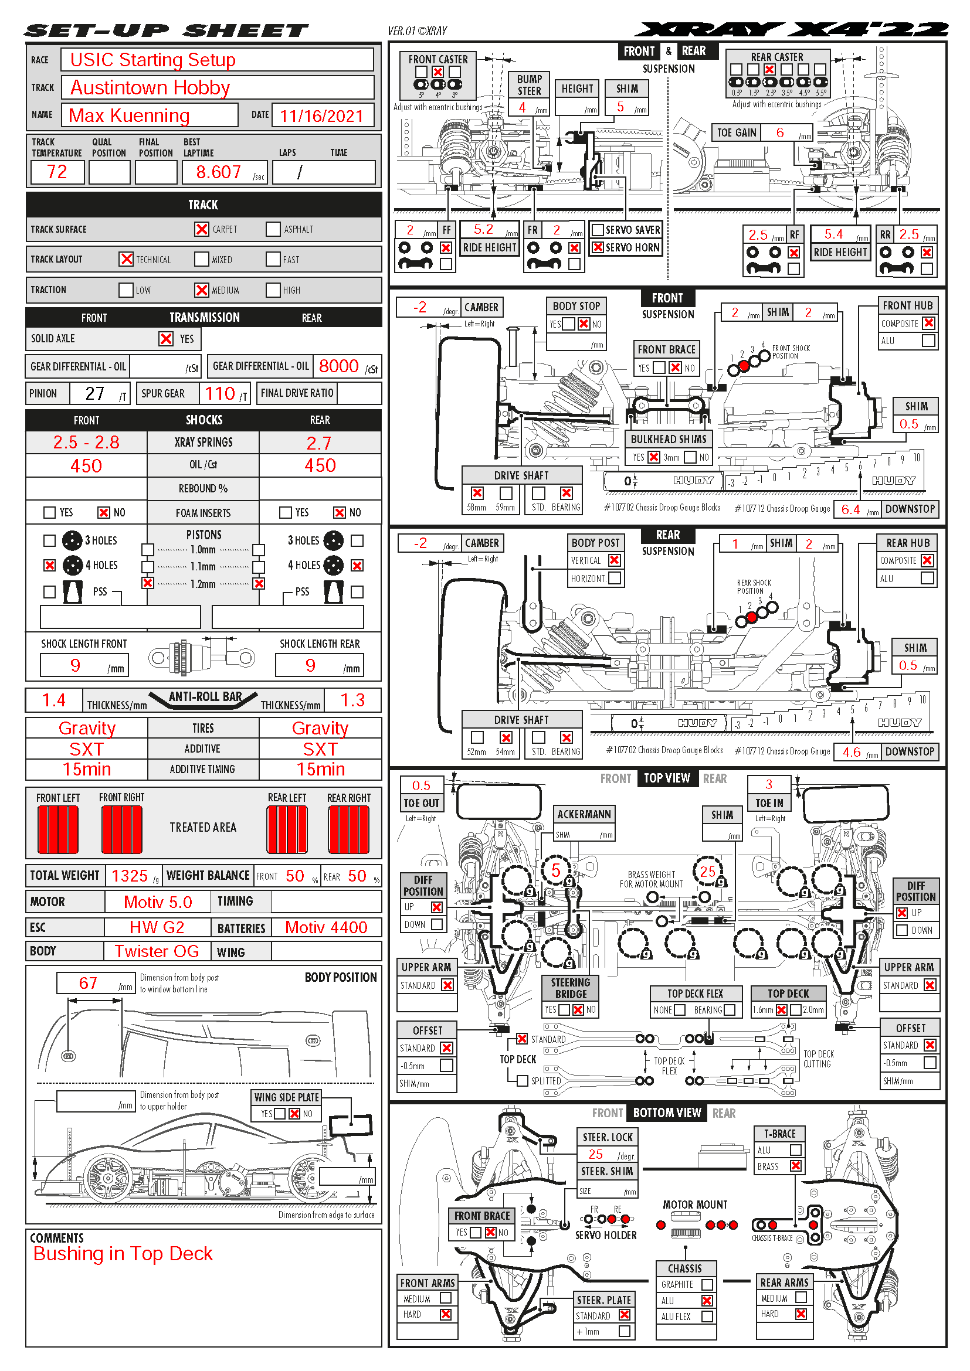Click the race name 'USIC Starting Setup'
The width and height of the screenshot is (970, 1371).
point(153,60)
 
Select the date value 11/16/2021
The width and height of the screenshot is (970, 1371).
point(321,116)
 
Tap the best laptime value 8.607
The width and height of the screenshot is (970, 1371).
point(218,172)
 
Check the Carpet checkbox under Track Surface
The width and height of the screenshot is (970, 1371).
point(202,229)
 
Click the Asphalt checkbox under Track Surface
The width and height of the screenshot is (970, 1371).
point(273,229)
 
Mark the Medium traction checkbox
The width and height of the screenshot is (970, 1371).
point(202,290)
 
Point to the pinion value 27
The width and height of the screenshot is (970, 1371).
point(95,393)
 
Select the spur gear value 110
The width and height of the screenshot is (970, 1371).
point(220,393)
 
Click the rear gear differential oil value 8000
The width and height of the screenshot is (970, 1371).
point(338,366)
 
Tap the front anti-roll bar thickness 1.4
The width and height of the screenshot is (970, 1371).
point(54,700)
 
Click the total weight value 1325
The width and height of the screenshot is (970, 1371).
point(130,876)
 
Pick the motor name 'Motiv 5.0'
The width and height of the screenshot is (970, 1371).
point(158,901)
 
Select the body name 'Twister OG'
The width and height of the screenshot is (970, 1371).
point(157,951)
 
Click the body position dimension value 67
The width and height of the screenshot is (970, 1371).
point(88,983)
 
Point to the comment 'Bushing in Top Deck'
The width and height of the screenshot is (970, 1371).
point(123,1254)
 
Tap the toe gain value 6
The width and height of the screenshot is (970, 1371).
point(780,132)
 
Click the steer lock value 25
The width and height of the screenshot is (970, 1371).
point(595,1154)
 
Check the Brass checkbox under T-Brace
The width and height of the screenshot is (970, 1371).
point(796,1166)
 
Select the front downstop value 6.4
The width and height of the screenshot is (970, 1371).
point(850,509)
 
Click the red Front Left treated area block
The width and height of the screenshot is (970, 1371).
point(58,829)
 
